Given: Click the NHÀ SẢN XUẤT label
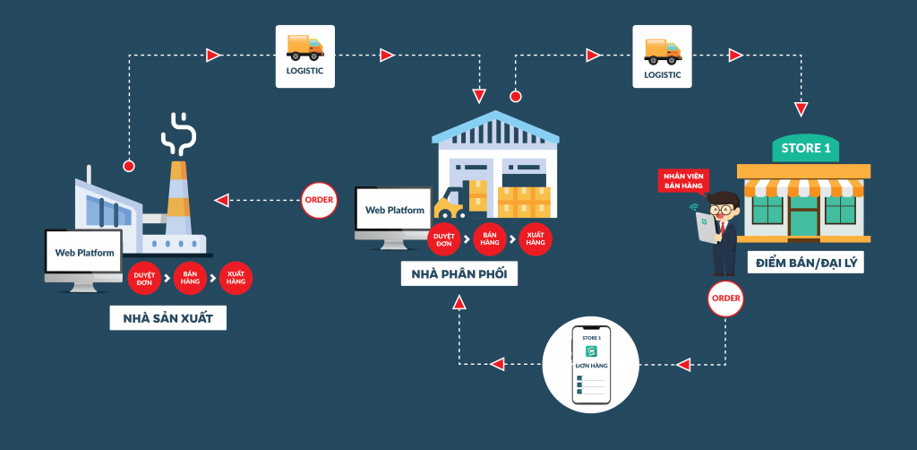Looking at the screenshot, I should point(168,318).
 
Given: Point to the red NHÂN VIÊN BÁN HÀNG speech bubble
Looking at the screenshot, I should point(682,180).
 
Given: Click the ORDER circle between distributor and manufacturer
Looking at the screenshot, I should point(320,200).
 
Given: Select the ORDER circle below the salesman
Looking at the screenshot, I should point(724,298).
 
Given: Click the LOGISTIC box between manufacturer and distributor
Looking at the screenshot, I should point(304,56).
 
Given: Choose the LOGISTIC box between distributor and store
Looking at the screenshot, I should point(663,56).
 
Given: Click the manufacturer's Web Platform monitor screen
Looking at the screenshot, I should point(84,253).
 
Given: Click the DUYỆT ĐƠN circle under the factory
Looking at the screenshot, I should point(144,278).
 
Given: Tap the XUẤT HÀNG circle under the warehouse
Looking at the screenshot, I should point(536,238).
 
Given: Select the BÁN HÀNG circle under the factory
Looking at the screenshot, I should point(190,278).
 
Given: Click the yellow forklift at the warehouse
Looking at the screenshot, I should point(448,208).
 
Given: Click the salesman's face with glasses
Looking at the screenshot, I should point(724,206).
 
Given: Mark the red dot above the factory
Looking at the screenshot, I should point(129,166).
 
